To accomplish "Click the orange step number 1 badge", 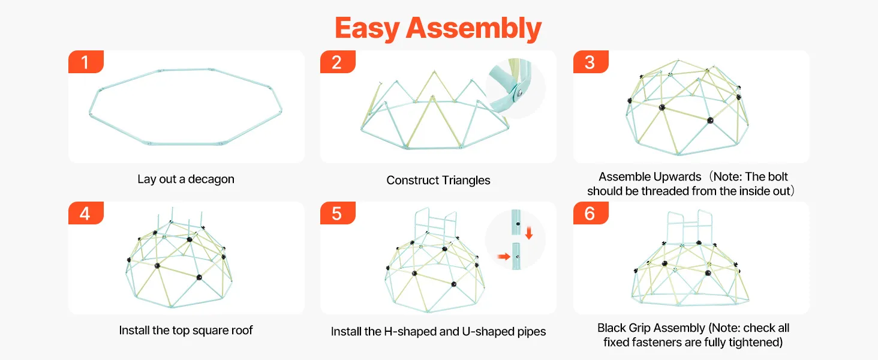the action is pos(86,62).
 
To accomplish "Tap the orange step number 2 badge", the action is pos(338,62).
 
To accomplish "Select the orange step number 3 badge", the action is pos(591,62).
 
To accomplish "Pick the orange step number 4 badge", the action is pos(86,213).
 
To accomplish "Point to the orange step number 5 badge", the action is pos(338,213).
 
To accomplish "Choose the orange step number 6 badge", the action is pos(591,213).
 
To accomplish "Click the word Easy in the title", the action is pos(367,28).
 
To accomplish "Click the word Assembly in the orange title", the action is pos(474,28).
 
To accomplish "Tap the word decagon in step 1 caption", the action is pos(211,179).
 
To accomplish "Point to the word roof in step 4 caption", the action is pos(242,330).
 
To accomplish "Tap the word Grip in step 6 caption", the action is pos(639,328).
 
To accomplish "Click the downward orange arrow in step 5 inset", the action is pos(529,233).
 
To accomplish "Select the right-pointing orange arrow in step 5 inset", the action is pos(504,256).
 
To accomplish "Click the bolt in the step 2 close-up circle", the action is pos(520,93).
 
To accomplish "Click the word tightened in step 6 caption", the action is pos(755,343).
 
